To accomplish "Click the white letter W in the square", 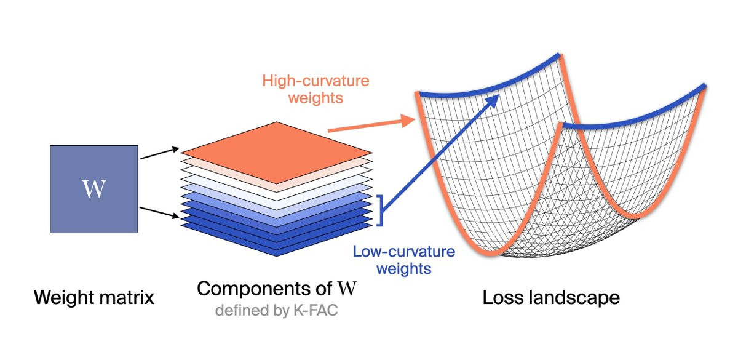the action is click(x=94, y=188).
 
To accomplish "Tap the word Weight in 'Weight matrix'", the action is click(x=63, y=298).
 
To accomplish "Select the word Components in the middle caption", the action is click(x=253, y=289).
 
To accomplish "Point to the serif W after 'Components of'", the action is click(x=347, y=289).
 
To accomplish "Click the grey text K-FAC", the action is click(x=315, y=310).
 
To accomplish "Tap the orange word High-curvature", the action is click(x=315, y=81).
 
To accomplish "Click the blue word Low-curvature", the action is click(x=404, y=252).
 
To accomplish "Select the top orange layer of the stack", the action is click(x=276, y=153).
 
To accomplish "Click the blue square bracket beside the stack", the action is click(x=381, y=210).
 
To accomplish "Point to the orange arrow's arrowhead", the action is click(x=408, y=121).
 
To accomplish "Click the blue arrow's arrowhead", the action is click(x=493, y=100).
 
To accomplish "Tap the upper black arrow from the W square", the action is click(x=160, y=154).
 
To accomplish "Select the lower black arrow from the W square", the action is click(x=160, y=213).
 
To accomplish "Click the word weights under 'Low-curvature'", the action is click(x=404, y=269).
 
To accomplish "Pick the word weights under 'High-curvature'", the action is click(x=315, y=98).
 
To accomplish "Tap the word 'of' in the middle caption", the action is click(x=323, y=289).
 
